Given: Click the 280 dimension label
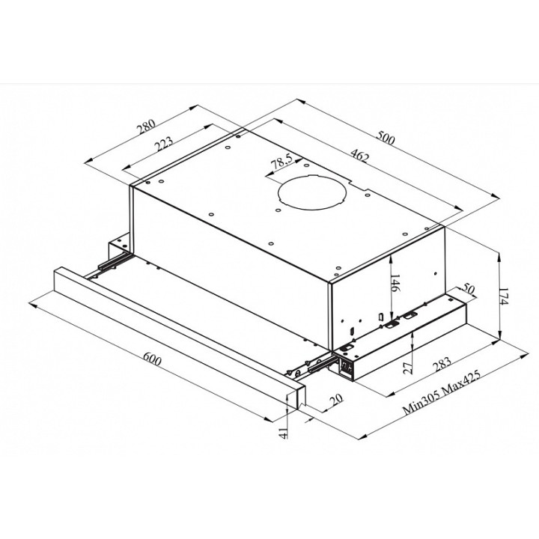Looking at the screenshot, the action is (x=147, y=127).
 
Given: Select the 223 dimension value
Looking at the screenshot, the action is (x=163, y=144).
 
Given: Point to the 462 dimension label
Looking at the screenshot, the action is (x=359, y=155).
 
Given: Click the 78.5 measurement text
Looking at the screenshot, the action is (x=281, y=161).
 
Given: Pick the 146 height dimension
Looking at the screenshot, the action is (x=396, y=283).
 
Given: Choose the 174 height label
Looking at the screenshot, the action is (x=503, y=296).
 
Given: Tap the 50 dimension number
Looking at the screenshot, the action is (x=468, y=289).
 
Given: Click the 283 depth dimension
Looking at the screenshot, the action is (x=442, y=364).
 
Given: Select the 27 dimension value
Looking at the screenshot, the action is (x=407, y=368).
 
